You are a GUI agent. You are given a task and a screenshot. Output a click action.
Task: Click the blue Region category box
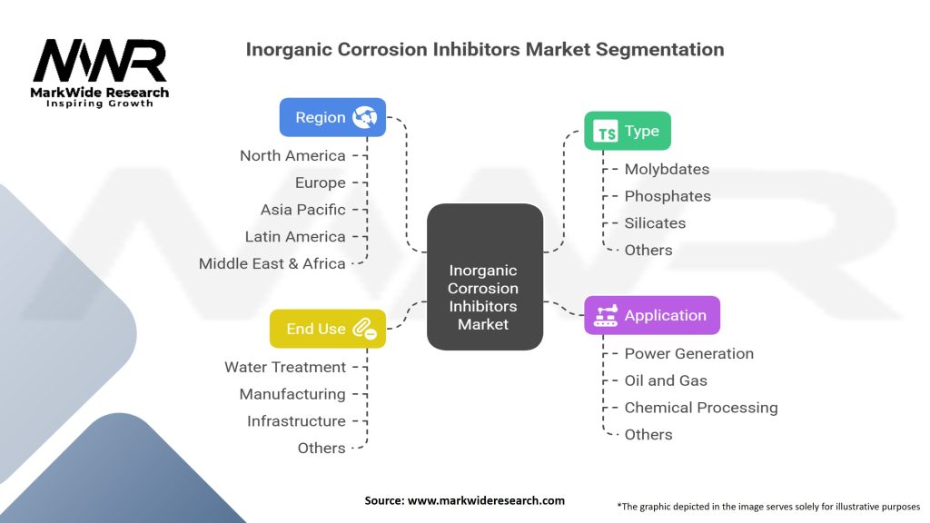click(x=332, y=117)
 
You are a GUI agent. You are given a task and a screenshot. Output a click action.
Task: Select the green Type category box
click(x=627, y=131)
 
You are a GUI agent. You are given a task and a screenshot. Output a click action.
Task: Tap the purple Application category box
click(x=651, y=315)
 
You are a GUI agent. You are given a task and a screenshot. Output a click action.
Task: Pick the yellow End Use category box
click(x=328, y=329)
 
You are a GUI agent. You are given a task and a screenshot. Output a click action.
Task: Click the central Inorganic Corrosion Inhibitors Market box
click(x=485, y=277)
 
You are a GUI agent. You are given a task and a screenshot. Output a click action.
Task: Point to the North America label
click(x=292, y=155)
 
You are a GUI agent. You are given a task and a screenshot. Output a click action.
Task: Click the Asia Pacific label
click(x=302, y=209)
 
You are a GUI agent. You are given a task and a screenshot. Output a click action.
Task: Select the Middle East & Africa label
click(x=272, y=263)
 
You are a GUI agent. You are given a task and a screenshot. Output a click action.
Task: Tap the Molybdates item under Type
click(x=667, y=169)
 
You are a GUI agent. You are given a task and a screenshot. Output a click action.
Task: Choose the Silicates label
click(x=655, y=222)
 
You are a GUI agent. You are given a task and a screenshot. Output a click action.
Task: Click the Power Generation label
click(x=688, y=353)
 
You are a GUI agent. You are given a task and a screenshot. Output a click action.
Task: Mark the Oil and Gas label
click(x=665, y=380)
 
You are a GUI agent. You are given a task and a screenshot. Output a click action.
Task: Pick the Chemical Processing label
click(x=700, y=407)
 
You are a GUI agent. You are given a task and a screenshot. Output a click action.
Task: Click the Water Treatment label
click(x=285, y=367)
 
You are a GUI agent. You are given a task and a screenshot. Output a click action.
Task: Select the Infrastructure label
click(x=296, y=420)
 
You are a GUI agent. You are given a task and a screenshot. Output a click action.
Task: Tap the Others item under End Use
click(x=322, y=448)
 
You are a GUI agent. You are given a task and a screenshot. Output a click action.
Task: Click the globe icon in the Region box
click(x=365, y=117)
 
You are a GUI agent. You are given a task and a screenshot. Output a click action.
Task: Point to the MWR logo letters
click(x=100, y=62)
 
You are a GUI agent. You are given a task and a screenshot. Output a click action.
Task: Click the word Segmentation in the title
click(x=659, y=49)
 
